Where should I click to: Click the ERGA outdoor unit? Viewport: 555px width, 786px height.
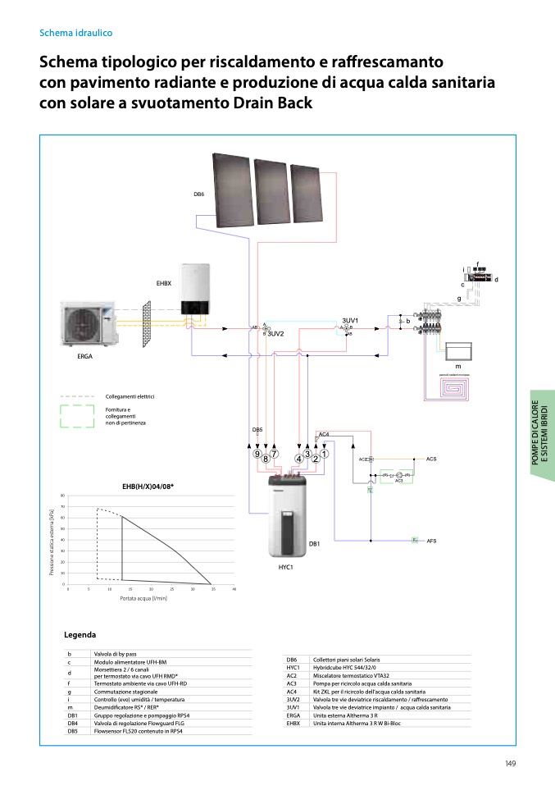tap(91, 325)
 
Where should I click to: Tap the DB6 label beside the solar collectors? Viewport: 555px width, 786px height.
tap(199, 194)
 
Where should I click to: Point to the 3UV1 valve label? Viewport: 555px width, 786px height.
tap(350, 320)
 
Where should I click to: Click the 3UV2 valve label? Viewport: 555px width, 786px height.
tap(275, 334)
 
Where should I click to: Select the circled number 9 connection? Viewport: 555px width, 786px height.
tap(257, 454)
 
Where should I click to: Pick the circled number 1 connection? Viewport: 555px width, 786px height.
tap(324, 454)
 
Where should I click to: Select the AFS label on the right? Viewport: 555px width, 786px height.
tap(431, 542)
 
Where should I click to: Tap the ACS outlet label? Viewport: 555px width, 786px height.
tap(431, 459)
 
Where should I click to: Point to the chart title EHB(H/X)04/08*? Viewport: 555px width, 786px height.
tap(148, 487)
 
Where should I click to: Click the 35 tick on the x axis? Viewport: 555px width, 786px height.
tap(213, 590)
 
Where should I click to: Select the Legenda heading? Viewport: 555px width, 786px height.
tap(80, 634)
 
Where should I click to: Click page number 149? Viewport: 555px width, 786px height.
tap(510, 764)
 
